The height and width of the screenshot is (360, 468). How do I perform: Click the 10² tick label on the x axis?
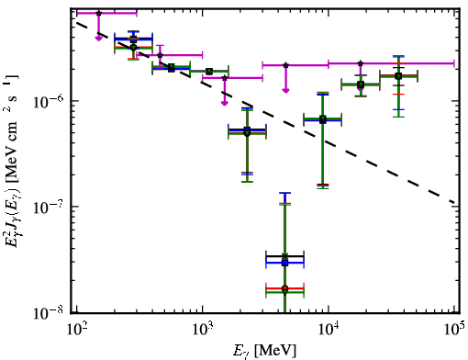tap(76, 330)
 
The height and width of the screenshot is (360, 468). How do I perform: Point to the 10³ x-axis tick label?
tap(203, 330)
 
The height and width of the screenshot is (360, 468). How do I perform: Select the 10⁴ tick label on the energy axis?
tap(329, 330)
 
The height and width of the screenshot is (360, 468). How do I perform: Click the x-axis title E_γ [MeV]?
tap(264, 351)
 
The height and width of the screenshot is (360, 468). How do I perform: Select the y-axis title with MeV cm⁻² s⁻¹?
tap(12, 161)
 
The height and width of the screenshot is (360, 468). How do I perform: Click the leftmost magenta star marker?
tap(98, 13)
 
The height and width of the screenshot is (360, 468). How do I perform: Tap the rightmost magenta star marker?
tap(361, 63)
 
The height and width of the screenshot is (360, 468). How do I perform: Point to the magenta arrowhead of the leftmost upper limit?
tap(98, 38)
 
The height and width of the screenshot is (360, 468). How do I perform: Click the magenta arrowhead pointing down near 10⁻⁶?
tap(225, 103)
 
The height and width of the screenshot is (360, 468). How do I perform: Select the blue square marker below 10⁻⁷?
tap(284, 263)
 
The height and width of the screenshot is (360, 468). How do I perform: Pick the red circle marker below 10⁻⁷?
tap(284, 288)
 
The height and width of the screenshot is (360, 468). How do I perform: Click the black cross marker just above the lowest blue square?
tap(284, 255)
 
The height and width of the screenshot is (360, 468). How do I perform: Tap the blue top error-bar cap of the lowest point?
tap(284, 193)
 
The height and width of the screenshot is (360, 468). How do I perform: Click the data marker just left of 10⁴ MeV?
tap(323, 119)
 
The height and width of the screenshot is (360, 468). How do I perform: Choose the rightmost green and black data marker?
tap(398, 75)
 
